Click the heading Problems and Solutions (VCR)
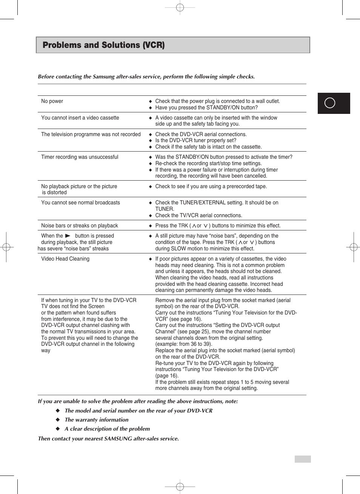(x=104, y=45)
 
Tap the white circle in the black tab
(x=330, y=103)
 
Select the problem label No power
(x=52, y=101)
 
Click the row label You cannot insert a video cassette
(x=80, y=118)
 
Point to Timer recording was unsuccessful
(x=80, y=157)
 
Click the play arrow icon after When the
(x=68, y=236)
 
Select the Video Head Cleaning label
(x=65, y=259)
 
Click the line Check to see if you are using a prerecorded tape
(x=211, y=186)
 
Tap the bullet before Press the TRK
(x=150, y=226)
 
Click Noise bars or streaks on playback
(x=80, y=226)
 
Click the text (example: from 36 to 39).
(x=184, y=344)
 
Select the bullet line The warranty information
(x=97, y=420)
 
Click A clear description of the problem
(x=107, y=429)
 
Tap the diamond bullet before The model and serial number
(x=58, y=410)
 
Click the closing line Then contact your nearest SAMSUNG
(x=108, y=439)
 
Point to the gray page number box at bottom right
(x=303, y=459)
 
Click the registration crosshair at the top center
(x=180, y=8)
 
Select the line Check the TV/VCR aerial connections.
(x=198, y=215)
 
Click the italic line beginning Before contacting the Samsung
(x=146, y=77)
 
